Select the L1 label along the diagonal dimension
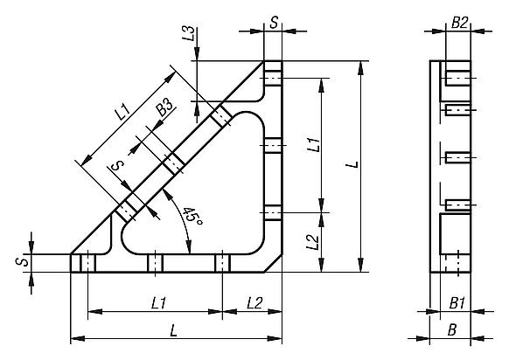[122, 111]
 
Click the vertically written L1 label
[313, 144]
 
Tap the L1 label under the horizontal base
[159, 303]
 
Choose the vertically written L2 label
[313, 242]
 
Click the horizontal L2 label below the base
[254, 303]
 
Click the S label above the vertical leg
[274, 23]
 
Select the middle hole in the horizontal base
[155, 262]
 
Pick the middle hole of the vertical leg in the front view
[273, 145]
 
